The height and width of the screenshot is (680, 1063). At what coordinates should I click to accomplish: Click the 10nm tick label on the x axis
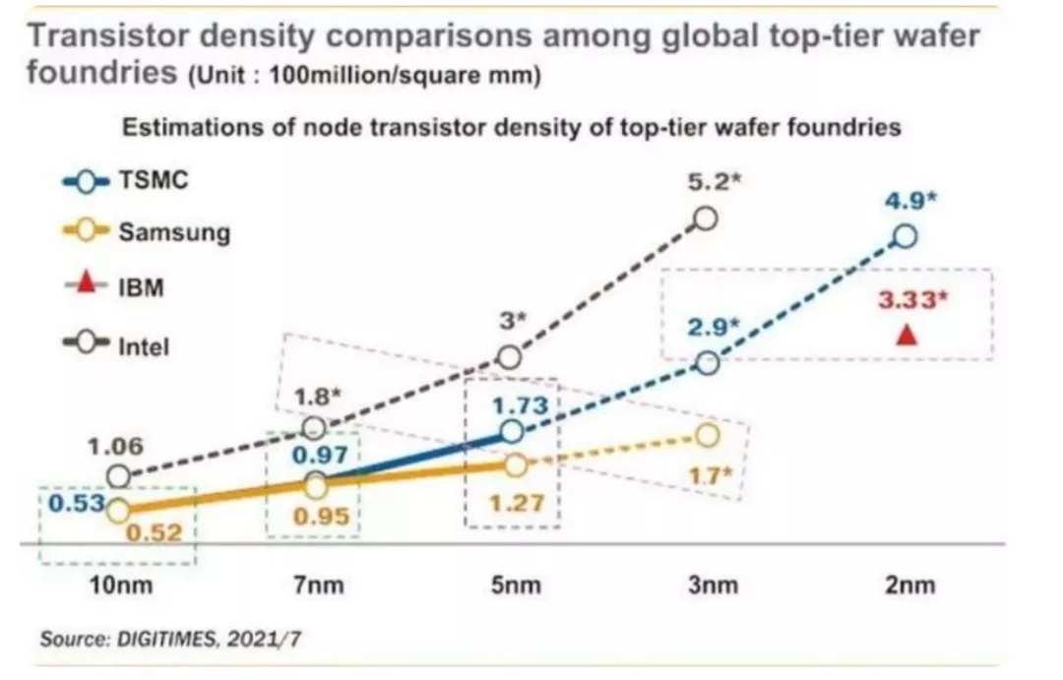pyautogui.click(x=117, y=586)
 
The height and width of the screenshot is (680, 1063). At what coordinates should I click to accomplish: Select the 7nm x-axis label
pyautogui.click(x=319, y=586)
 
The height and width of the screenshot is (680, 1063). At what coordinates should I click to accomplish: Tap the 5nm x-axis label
pyautogui.click(x=515, y=586)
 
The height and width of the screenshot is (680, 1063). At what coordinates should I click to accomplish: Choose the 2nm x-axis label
pyautogui.click(x=908, y=586)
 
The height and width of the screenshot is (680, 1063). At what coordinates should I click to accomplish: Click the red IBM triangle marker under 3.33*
pyautogui.click(x=908, y=336)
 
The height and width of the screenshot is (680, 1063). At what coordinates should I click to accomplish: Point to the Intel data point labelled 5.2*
pyautogui.click(x=706, y=218)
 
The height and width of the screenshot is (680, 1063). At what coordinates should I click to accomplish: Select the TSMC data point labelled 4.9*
pyautogui.click(x=906, y=237)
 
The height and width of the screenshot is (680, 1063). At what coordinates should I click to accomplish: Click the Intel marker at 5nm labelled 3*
pyautogui.click(x=509, y=357)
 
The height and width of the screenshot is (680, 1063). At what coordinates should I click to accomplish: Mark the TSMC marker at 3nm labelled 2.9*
pyautogui.click(x=708, y=363)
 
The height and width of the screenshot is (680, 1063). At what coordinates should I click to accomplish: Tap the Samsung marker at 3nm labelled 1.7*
pyautogui.click(x=708, y=434)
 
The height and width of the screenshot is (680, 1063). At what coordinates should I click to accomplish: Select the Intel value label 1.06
pyautogui.click(x=115, y=446)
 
